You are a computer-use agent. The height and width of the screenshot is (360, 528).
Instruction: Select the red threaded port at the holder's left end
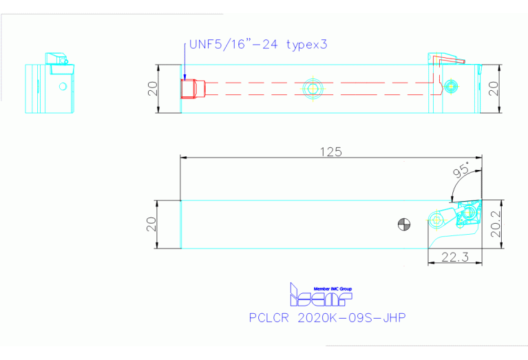pos(188,88)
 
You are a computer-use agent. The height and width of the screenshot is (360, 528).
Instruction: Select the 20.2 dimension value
pos(496,224)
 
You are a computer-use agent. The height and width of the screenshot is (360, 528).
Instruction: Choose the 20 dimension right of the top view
pos(493,88)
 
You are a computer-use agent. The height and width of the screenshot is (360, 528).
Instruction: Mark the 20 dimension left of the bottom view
pos(153,224)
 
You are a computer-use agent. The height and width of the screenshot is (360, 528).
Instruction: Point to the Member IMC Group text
pos(332,288)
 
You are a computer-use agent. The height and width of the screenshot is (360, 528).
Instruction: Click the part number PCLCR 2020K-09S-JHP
pos(327,318)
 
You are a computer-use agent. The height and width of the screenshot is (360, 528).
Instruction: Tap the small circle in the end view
pos(63,87)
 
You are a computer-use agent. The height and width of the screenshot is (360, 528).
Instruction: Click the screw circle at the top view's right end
pos(451,85)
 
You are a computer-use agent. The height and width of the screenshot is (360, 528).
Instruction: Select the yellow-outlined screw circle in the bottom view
pos(439,220)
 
